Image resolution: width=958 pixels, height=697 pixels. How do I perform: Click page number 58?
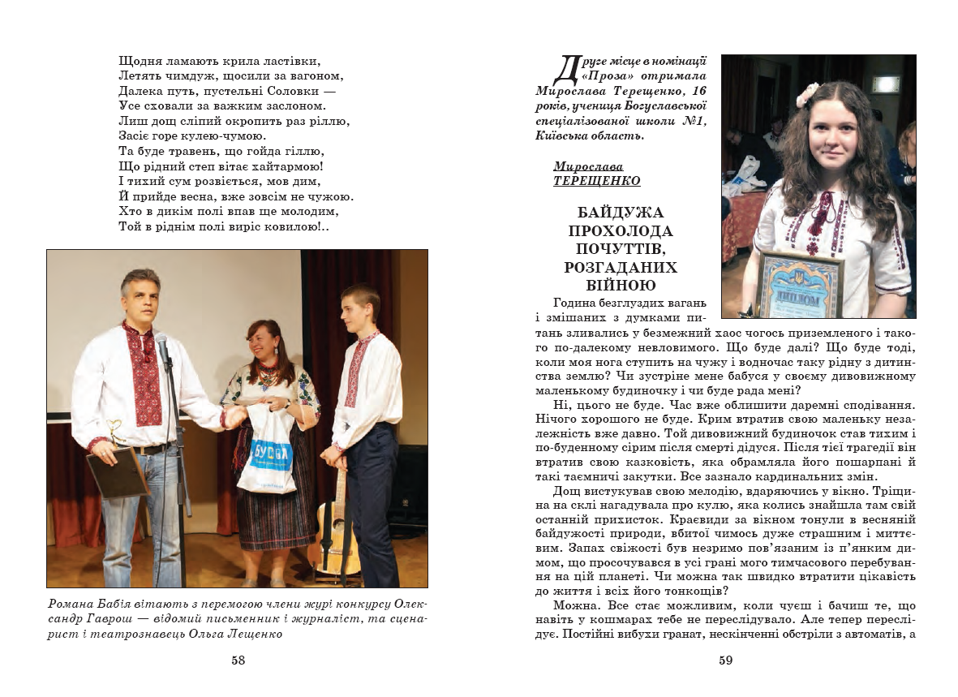click(x=238, y=660)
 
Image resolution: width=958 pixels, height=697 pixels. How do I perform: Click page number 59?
click(x=726, y=660)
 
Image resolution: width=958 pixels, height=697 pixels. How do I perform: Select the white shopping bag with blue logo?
click(x=267, y=451)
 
